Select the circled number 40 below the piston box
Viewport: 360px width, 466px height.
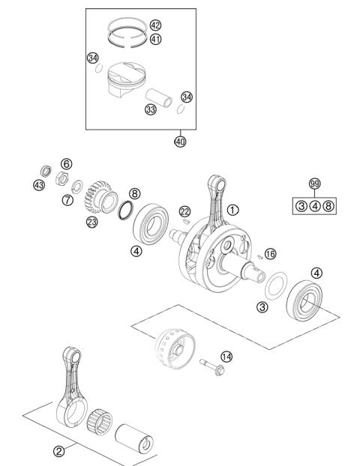(180, 142)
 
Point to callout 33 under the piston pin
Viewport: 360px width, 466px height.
(151, 109)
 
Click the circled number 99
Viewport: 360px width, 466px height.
(314, 183)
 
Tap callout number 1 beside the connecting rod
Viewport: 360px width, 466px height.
(234, 211)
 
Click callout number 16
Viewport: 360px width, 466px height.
(271, 255)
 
